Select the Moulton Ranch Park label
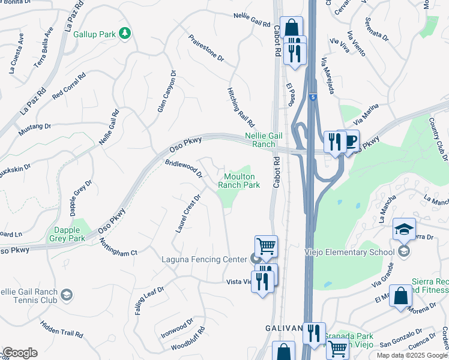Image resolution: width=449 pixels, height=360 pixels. (242, 181)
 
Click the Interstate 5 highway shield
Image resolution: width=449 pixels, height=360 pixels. (312, 97)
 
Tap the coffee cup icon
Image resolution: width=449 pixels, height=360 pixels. (351, 141)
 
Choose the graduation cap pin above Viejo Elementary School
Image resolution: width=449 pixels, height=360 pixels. (404, 230)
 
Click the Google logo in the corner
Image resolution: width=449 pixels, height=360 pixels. (20, 353)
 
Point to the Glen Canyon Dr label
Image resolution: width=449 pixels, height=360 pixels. (166, 92)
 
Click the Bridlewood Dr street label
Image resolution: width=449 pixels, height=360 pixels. (184, 168)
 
